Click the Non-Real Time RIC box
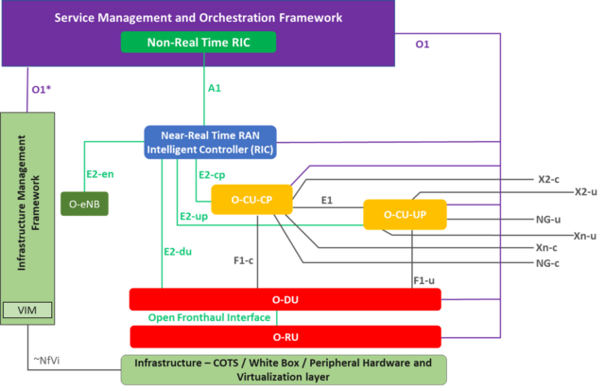point(199,43)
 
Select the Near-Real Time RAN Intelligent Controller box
point(210,142)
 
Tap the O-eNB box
point(84,203)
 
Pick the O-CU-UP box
point(405,215)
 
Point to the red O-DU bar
point(285,299)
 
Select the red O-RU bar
point(285,337)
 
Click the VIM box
point(27,311)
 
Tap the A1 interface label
point(215,88)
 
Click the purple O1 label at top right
point(423,44)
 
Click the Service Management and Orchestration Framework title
point(198,18)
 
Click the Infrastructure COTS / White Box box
point(284,369)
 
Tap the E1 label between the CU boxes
point(327,201)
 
